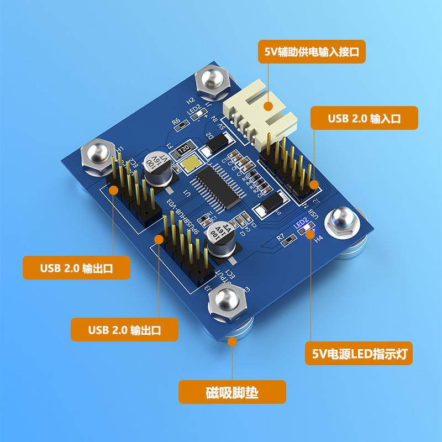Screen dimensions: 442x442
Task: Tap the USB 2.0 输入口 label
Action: tap(364, 118)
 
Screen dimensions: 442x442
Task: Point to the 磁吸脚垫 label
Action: tap(232, 393)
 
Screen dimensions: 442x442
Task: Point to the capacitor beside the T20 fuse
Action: tap(154, 164)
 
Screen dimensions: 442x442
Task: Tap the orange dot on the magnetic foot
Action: tap(233, 341)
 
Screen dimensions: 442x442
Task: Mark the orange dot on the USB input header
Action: tap(314, 184)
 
